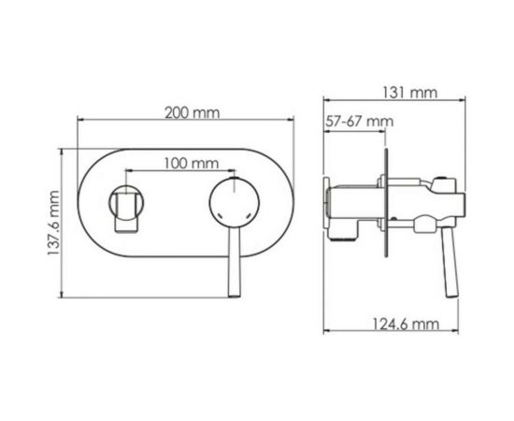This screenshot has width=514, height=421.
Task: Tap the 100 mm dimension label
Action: pos(186,163)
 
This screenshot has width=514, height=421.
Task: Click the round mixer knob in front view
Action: pos(228,204)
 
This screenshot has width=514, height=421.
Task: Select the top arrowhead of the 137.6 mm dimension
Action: pos(64,150)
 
